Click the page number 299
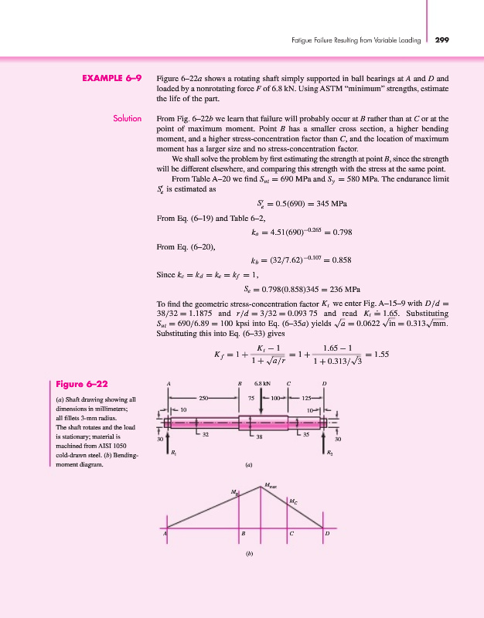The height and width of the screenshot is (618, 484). click(x=442, y=39)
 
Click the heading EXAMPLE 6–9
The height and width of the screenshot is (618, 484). click(x=113, y=78)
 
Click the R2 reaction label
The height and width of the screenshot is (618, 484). click(x=329, y=453)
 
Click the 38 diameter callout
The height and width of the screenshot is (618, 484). click(x=260, y=438)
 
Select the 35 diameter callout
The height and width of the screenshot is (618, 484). click(x=306, y=434)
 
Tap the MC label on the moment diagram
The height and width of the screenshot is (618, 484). click(x=292, y=502)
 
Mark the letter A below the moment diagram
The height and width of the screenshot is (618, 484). click(x=165, y=534)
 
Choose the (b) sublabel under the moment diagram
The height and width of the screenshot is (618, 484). click(x=249, y=554)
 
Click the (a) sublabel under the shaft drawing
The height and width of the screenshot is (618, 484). click(x=249, y=465)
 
